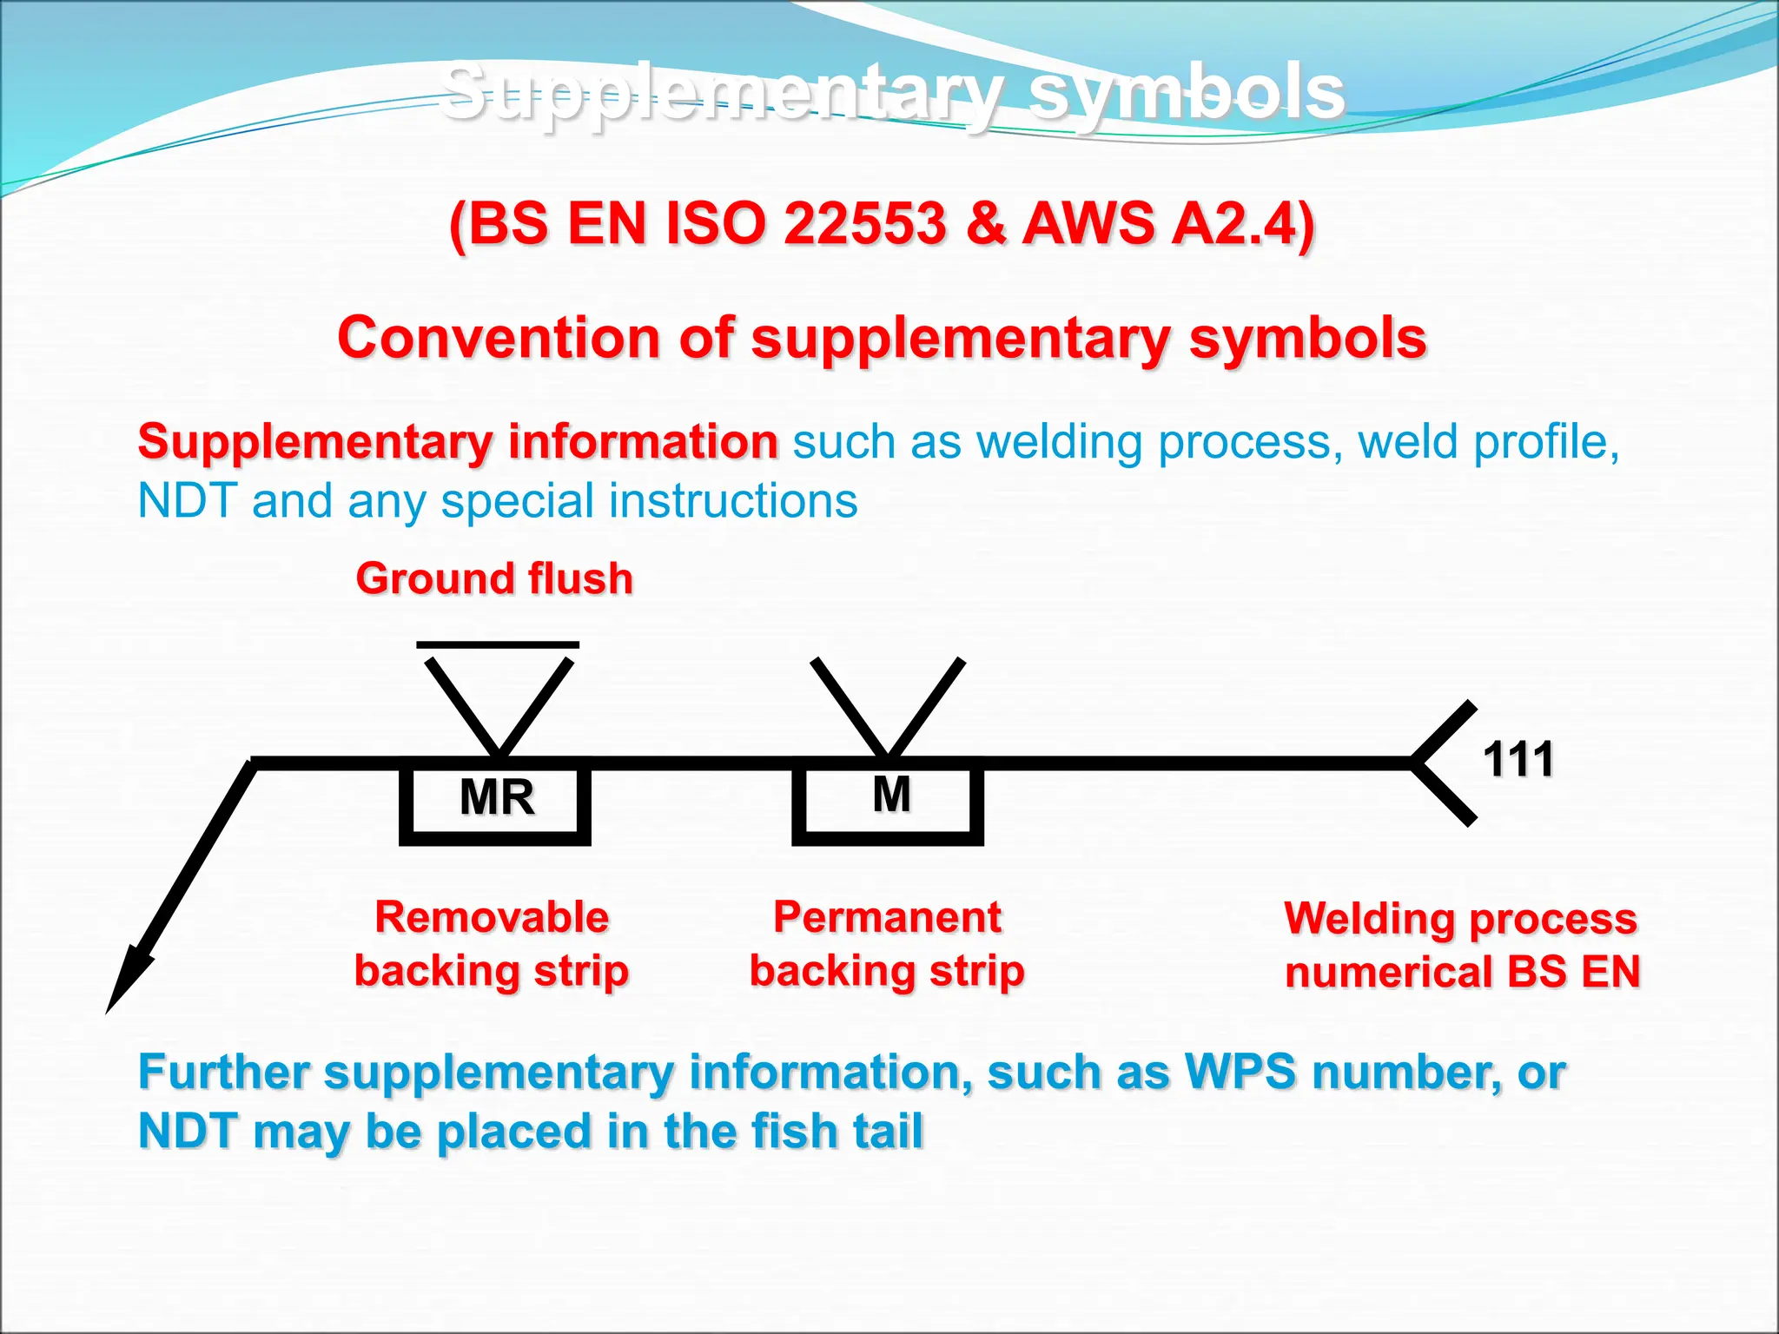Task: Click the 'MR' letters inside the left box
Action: [x=497, y=797]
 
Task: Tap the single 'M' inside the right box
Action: [x=891, y=794]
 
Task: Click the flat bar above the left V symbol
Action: [x=498, y=644]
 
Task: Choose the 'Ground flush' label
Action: [x=494, y=578]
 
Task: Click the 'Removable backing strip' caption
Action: [x=492, y=944]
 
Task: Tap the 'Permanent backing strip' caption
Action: [x=887, y=944]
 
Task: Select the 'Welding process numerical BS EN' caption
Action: [x=1462, y=945]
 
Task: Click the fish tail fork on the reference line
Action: [x=1438, y=763]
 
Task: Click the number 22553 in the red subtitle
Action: [x=863, y=223]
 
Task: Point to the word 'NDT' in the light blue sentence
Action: [x=187, y=501]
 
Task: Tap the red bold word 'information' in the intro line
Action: [x=643, y=441]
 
